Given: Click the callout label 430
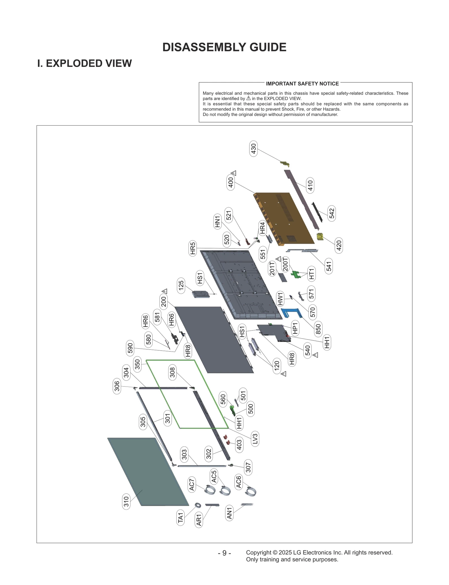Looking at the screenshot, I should [253, 149].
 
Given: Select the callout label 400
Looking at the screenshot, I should [231, 182].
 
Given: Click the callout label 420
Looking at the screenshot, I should [339, 245].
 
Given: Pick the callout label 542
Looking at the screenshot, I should [332, 213].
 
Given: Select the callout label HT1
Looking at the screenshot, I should [311, 273].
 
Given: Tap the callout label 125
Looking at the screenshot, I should [181, 285].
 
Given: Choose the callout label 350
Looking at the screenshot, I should [138, 364].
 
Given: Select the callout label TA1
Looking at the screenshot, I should [180, 518].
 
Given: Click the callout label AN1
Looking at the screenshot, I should [229, 513].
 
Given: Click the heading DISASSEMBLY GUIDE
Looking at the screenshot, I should [224, 47].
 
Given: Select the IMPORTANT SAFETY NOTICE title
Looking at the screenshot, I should [302, 84].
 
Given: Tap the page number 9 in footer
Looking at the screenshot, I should [224, 553].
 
